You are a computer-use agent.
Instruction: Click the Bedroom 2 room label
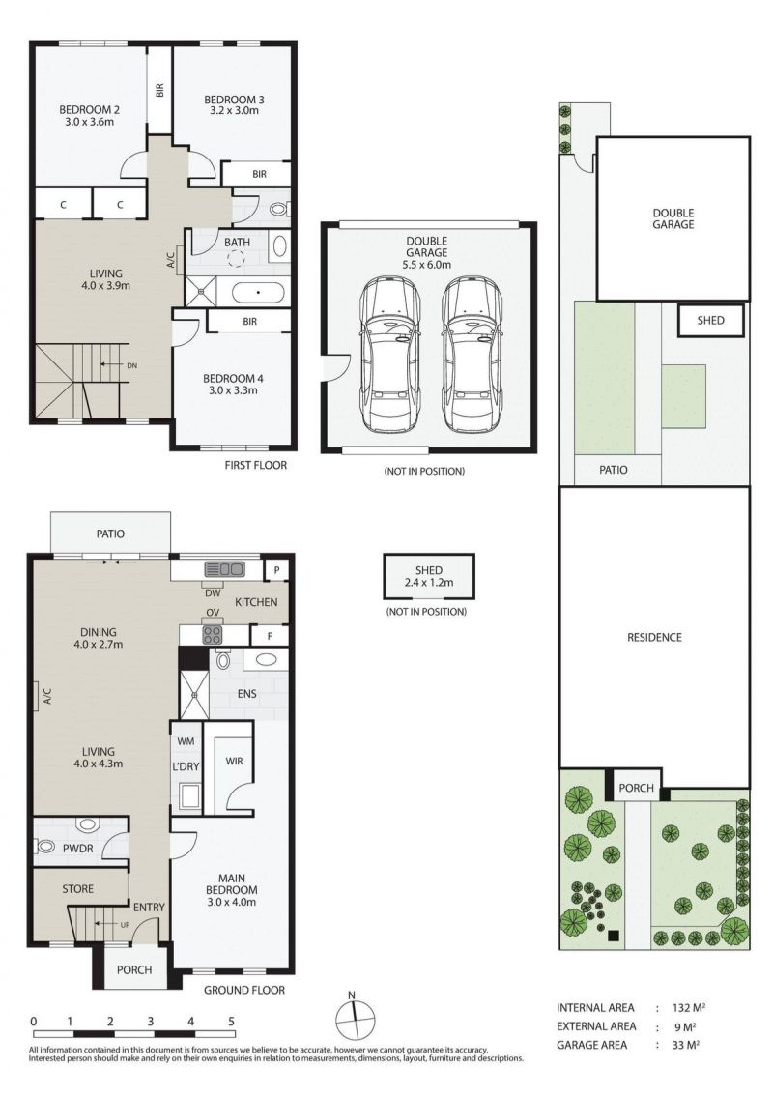point(89,110)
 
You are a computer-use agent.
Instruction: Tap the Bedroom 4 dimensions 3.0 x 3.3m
point(233,390)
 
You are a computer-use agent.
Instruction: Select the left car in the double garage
point(390,355)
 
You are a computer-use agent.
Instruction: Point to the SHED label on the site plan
point(711,321)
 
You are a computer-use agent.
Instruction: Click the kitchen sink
point(224,569)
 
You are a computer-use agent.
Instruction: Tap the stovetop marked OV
point(213,635)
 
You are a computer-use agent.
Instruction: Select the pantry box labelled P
point(276,570)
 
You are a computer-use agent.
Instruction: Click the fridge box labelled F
point(270,637)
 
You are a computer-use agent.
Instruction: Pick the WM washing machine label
point(186,741)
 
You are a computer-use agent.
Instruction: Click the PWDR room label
point(77,848)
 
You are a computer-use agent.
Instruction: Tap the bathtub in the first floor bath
point(258,292)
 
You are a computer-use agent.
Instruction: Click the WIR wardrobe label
point(234,761)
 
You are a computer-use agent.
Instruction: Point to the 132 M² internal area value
point(688,1008)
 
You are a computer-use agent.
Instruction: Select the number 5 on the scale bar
point(231,1022)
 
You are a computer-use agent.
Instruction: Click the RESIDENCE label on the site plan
point(654,638)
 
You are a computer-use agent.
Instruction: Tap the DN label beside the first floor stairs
point(132,365)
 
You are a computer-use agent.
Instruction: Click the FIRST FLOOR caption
point(256,465)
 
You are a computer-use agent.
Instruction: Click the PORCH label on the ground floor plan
point(134,970)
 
